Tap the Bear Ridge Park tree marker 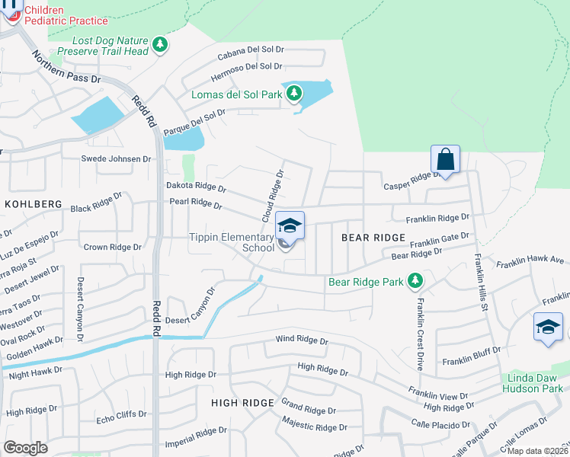tap(415, 282)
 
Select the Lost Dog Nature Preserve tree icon tap(159, 44)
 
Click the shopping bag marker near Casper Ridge tap(446, 160)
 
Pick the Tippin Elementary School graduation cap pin tap(290, 226)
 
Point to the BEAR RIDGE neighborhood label tap(373, 238)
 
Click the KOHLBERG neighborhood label tap(33, 204)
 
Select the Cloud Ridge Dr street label tap(272, 197)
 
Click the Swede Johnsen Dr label tap(117, 159)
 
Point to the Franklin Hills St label tap(481, 283)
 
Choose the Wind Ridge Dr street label tap(302, 340)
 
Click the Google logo tap(25, 447)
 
